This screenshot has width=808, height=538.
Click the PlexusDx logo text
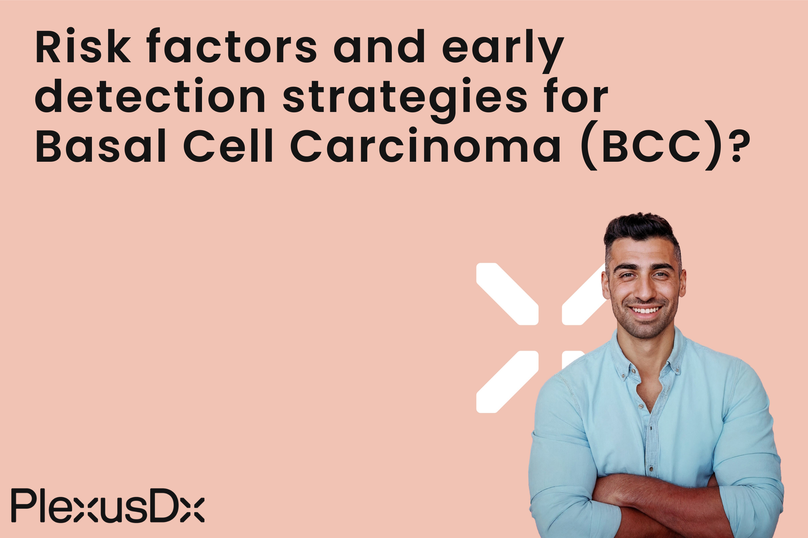(107, 505)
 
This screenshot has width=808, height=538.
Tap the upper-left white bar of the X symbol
(507, 293)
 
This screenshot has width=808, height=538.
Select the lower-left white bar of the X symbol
(507, 381)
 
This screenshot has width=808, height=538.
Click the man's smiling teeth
(645, 310)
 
